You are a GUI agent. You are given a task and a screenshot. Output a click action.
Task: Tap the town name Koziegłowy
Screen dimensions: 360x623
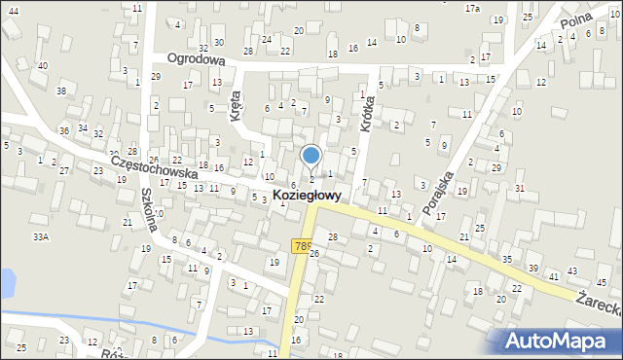coord(312,196)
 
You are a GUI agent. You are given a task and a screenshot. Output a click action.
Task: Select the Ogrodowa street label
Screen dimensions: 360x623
coord(196,58)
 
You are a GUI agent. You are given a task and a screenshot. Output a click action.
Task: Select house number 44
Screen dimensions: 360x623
coord(13,10)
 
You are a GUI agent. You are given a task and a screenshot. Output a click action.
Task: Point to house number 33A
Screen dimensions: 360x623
coord(40,236)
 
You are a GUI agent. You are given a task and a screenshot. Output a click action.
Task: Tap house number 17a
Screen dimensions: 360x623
coord(472,8)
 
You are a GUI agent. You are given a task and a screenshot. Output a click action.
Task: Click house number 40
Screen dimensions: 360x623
coord(42,65)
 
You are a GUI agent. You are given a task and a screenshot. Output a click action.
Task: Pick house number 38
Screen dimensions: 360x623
coord(61,90)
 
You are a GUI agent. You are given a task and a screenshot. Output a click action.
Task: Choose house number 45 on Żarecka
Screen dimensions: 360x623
coord(601,282)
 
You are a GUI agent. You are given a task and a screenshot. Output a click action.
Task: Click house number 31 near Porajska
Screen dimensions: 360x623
coord(520,188)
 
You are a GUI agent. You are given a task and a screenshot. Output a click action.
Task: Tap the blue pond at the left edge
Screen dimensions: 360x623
coord(7,283)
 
